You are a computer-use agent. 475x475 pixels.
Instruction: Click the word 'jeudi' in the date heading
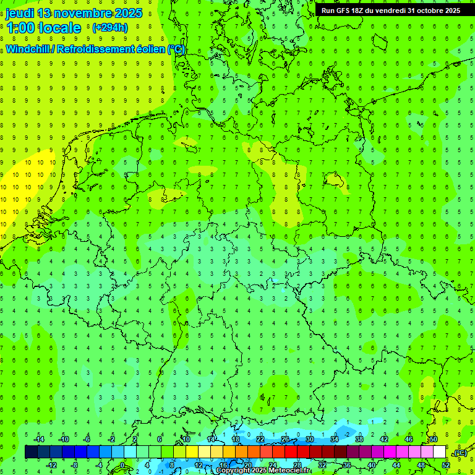[19, 13]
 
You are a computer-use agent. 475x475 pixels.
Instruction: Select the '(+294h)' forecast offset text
[109, 27]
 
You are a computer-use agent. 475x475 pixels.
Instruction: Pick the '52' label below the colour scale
[445, 465]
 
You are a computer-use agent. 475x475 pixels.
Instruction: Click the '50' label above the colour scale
[434, 439]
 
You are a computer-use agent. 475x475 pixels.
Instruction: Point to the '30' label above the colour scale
[310, 439]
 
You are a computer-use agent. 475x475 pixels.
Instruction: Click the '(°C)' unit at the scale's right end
[460, 453]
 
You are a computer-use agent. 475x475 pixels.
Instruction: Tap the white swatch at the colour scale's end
[439, 452]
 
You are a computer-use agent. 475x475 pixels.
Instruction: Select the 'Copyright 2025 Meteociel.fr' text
[263, 471]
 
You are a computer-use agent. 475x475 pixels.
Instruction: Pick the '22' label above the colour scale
[260, 439]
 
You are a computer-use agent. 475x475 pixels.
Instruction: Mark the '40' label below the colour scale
[371, 465]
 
